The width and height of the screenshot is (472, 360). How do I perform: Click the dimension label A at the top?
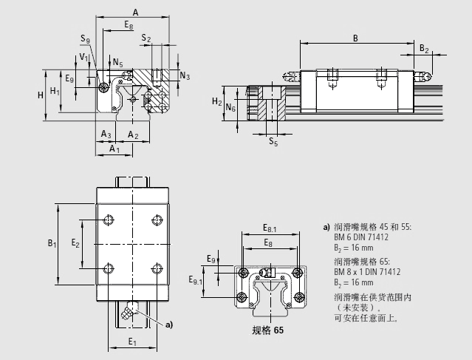pos(134,10)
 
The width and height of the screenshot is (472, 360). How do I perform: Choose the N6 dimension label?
pos(230,107)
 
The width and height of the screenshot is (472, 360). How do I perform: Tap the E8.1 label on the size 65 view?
pos(270,229)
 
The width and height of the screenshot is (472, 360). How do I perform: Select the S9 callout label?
pos(85,39)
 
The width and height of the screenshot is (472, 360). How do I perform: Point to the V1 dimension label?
pos(83,56)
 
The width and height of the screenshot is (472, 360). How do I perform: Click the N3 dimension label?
pos(185,76)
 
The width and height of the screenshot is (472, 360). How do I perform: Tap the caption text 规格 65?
pos(267,330)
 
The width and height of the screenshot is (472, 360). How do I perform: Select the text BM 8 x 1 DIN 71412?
pos(366,272)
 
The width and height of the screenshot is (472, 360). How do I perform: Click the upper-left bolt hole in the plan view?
pos(109,219)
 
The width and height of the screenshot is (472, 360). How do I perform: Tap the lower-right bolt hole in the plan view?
pos(157,267)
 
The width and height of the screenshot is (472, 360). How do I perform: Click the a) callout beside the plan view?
pos(168,324)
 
